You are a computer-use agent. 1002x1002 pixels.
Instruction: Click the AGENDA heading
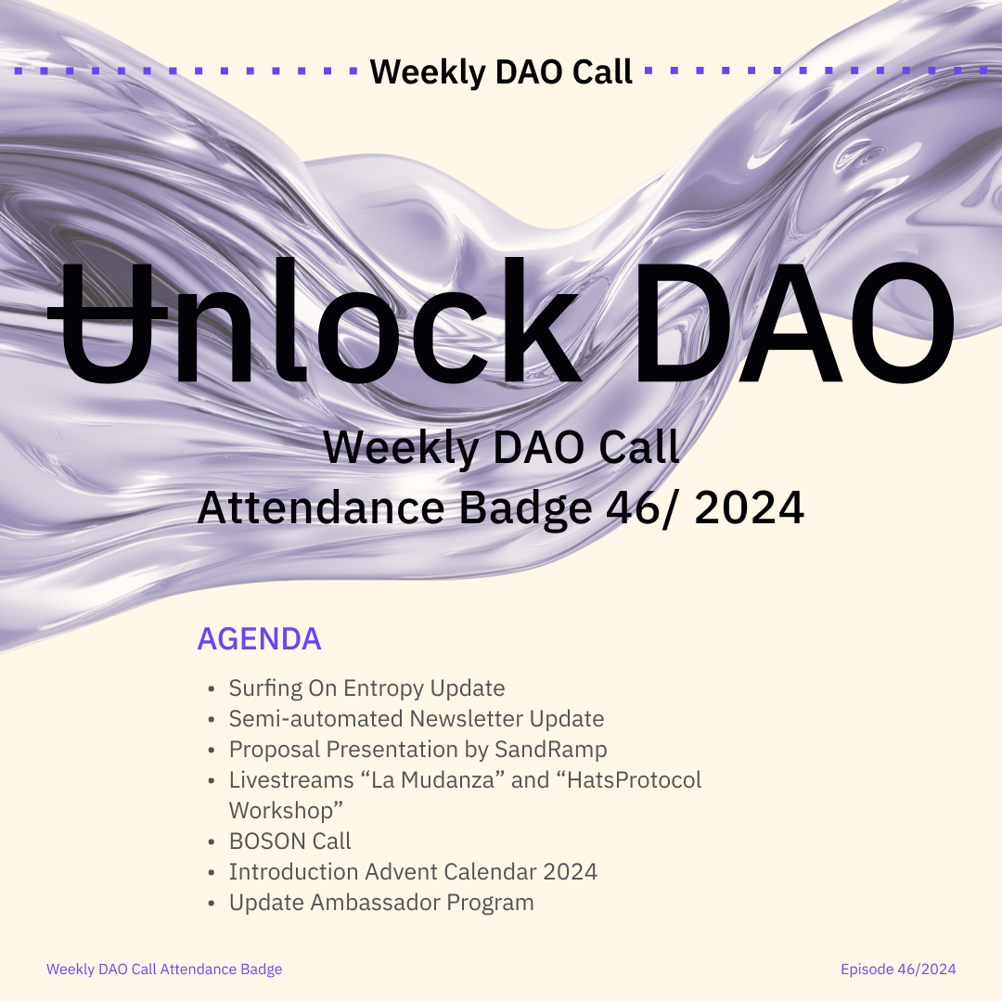[259, 638]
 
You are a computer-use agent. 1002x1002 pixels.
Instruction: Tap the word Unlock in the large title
[314, 320]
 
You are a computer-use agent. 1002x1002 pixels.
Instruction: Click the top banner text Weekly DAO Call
[501, 71]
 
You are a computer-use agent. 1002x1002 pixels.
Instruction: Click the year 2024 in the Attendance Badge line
[749, 508]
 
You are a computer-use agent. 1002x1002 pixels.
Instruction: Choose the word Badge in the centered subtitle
[526, 509]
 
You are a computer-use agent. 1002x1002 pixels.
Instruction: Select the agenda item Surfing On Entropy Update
[366, 688]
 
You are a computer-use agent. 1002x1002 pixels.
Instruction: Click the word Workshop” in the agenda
[287, 810]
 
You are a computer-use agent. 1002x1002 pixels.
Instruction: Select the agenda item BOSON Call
[290, 841]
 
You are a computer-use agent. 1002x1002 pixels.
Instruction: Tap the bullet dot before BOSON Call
[212, 842]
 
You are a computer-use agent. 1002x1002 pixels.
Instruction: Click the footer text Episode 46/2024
[898, 970]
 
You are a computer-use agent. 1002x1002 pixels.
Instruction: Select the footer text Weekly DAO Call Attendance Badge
[164, 970]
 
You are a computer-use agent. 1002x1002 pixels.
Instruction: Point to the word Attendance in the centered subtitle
[321, 508]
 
